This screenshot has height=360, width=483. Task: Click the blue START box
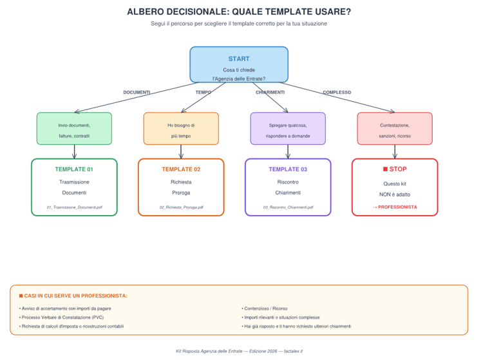tap(238, 64)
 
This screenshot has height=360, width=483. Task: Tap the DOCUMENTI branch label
tap(137, 93)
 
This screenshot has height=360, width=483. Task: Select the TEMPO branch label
tap(203, 93)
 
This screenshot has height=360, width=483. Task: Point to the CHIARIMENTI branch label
tap(270, 93)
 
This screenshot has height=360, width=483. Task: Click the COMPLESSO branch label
tap(337, 93)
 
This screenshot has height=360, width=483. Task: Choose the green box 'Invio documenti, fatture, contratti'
tap(74, 129)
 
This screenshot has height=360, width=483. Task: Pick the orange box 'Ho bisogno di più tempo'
tap(181, 129)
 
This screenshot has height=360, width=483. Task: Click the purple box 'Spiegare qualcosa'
tap(288, 129)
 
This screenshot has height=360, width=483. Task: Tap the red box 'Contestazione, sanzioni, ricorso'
tap(395, 129)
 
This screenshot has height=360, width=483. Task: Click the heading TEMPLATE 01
tap(74, 169)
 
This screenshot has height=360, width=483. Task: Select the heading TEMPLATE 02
tap(181, 169)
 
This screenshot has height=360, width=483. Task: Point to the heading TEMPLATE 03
tap(288, 169)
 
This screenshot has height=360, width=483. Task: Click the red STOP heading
tap(395, 169)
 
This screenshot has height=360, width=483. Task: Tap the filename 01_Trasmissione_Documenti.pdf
tap(74, 207)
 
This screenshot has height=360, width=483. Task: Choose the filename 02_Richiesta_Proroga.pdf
tap(181, 207)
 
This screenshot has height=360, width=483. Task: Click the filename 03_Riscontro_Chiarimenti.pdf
tap(288, 207)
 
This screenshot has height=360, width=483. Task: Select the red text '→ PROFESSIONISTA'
tap(395, 207)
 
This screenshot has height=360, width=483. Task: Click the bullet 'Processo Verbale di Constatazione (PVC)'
tap(62, 317)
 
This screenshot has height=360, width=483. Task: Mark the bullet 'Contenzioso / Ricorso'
tap(265, 308)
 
